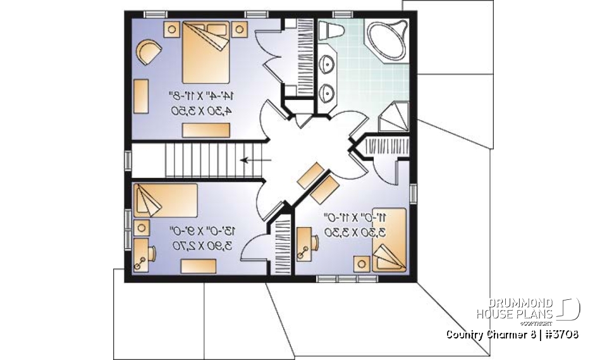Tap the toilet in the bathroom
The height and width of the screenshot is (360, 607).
[331, 30]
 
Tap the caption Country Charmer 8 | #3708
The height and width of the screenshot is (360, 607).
[512, 334]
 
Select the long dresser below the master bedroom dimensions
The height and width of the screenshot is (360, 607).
[205, 130]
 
